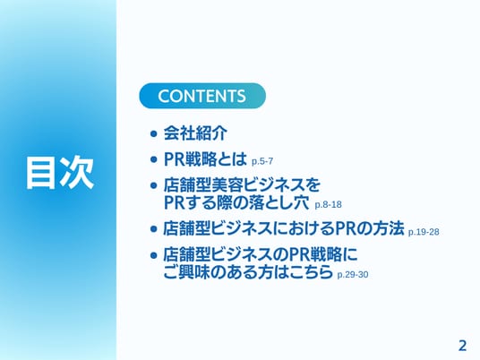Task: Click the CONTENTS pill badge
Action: point(202,96)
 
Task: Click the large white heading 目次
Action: point(60,173)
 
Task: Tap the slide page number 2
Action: point(462,346)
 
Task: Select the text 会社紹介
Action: point(195,133)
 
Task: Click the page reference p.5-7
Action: point(262,161)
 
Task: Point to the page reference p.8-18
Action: point(328,204)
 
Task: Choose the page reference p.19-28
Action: point(424,232)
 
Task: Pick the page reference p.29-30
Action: point(353,274)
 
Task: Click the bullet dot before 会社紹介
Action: point(154,133)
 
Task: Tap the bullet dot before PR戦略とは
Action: point(154,159)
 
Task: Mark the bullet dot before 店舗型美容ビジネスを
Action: point(154,185)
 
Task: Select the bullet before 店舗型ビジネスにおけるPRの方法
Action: point(154,229)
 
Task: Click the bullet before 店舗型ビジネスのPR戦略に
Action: point(154,255)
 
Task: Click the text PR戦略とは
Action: point(205,159)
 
